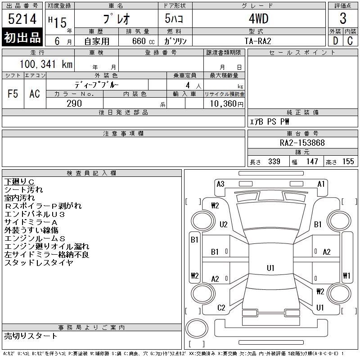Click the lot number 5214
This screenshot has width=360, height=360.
(x=22, y=19)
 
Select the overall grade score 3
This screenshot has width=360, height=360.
(x=343, y=19)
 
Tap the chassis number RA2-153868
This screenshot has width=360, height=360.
(x=302, y=143)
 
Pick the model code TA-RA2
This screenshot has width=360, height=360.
(x=257, y=41)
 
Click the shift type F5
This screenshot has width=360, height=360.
(x=13, y=94)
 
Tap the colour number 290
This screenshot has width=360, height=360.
(x=74, y=103)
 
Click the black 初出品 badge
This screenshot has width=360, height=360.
(x=22, y=38)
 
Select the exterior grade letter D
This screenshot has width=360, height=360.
(x=335, y=41)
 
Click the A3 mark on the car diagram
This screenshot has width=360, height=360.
(x=220, y=184)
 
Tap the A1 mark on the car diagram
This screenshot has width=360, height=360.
(x=321, y=184)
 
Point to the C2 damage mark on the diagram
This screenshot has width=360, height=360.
(x=221, y=308)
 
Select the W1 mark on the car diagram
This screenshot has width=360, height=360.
(x=346, y=275)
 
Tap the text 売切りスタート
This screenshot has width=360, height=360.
(x=31, y=336)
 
